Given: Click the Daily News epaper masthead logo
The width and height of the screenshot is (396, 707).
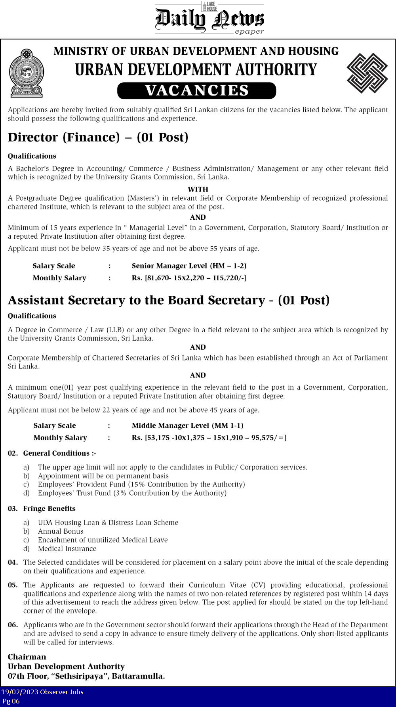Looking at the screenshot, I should (209, 19).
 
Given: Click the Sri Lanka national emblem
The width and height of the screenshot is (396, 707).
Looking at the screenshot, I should (27, 73).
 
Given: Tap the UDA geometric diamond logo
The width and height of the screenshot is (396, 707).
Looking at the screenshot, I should (367, 73).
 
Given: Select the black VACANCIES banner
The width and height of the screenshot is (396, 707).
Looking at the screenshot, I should (196, 90).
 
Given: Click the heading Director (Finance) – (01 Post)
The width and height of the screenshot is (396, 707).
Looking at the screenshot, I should (98, 137).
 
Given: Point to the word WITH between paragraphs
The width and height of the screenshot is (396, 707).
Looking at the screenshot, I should (198, 189).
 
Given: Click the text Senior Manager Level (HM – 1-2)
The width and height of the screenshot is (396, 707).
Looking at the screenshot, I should (189, 266).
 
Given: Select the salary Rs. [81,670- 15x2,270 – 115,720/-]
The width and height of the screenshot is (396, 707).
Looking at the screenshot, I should (189, 278).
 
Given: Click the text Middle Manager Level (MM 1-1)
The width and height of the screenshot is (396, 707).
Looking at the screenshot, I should (187, 425).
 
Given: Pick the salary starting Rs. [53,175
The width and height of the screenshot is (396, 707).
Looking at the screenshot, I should (209, 438).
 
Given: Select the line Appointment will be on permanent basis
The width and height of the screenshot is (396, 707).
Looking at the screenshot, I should (103, 476).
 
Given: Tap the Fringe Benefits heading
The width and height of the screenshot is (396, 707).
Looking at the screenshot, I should (49, 508).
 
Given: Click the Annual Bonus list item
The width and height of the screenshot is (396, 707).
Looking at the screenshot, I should (61, 531).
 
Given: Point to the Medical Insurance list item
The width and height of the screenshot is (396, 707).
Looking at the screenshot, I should (67, 549).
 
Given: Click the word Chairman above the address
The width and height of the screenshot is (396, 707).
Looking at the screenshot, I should (27, 657).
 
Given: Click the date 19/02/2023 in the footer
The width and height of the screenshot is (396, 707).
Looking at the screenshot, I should (20, 692).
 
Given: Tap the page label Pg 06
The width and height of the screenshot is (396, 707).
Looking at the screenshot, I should (11, 701).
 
